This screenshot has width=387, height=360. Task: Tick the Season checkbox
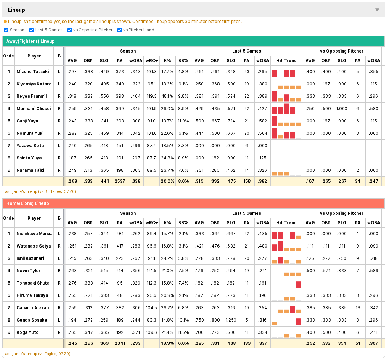(6, 30)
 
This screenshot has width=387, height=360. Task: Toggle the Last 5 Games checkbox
(31, 30)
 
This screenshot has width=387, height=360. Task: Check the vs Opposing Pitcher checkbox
(69, 30)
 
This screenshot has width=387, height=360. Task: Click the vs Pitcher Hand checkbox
(119, 30)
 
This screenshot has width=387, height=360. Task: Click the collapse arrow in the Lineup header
(377, 10)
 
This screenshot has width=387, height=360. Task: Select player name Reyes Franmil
(32, 96)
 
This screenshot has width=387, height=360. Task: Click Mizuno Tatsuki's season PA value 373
(120, 71)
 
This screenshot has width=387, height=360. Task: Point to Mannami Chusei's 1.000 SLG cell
(342, 108)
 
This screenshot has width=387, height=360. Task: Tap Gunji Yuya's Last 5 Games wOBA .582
(262, 121)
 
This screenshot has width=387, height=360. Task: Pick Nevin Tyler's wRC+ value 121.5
(152, 271)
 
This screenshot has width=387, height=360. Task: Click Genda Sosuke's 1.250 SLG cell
(231, 320)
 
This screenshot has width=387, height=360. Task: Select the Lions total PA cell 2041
(120, 343)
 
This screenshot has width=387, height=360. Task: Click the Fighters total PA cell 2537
(120, 181)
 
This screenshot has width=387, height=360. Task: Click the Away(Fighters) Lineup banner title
(30, 41)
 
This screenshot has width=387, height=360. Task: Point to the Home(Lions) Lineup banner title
(27, 203)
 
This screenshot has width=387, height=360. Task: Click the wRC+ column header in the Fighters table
(152, 61)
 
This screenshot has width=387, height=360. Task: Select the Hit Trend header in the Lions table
(286, 223)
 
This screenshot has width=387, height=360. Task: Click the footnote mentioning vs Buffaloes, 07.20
(39, 191)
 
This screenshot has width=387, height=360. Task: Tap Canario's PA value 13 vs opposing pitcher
(358, 308)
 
